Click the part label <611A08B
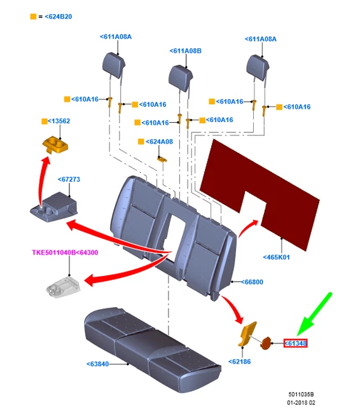pos(185,51)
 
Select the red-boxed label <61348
pos(295,343)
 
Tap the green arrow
pos(314,314)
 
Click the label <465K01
pos(276,257)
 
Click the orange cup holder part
pos(55,145)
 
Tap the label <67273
pos(69,179)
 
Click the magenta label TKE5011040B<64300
pos(65,252)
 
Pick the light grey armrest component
pos(63,287)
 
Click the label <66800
pos(252,282)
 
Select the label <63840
pos(97,364)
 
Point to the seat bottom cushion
pos(153,349)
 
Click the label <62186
pos(239,362)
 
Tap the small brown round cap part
pos(265,343)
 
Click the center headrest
pos(181,78)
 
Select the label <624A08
pos(159,142)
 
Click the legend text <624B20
pos(59,17)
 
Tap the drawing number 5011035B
pos(301,394)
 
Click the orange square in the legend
pos(33,17)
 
